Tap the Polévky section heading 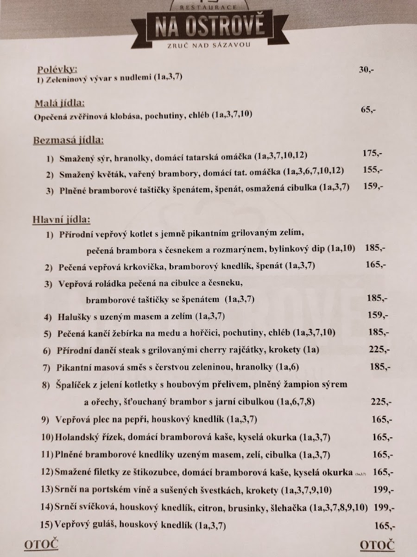(x=57, y=70)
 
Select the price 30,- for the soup (x=366, y=70)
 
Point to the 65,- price (x=368, y=110)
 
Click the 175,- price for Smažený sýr (x=373, y=153)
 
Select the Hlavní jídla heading (x=61, y=219)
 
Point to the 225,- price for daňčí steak (x=379, y=349)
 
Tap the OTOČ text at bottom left (x=41, y=544)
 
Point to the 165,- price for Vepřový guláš (x=384, y=526)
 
